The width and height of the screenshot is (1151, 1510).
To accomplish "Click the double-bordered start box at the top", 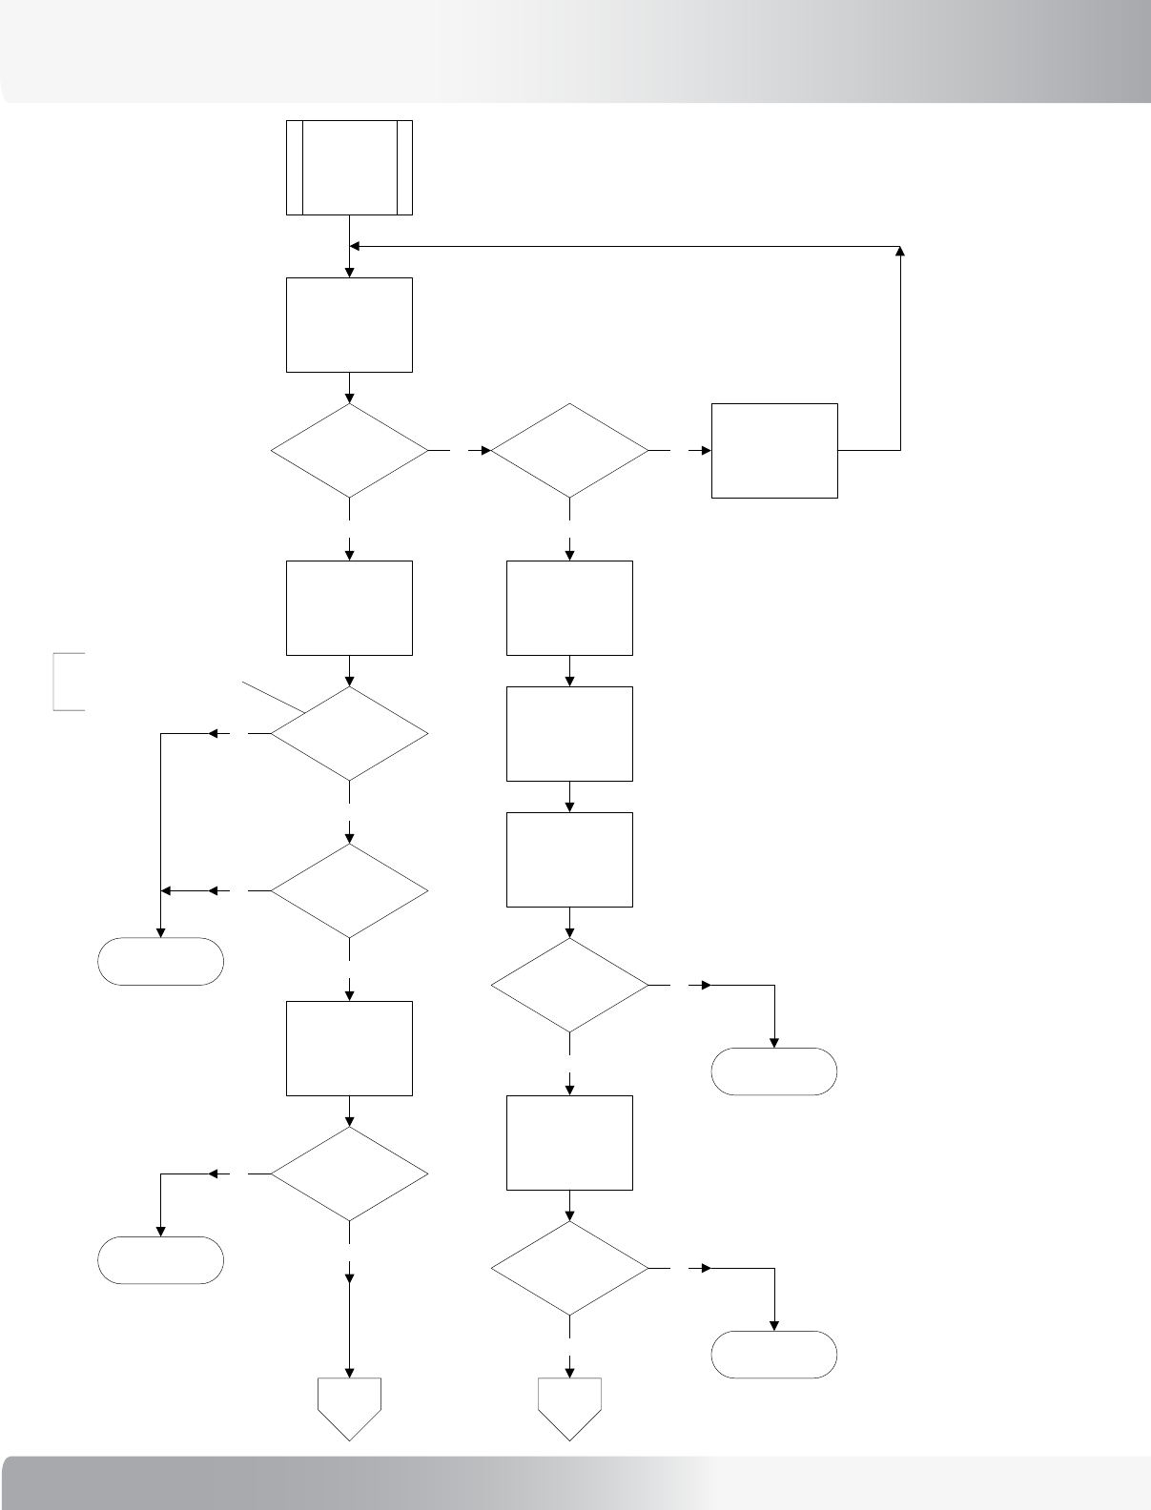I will coord(349,168).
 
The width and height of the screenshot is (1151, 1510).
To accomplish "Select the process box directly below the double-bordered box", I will coord(349,324).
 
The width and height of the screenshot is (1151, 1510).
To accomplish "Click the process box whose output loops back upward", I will coord(774,450).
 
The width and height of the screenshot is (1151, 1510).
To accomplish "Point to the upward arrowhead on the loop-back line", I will coord(901,252).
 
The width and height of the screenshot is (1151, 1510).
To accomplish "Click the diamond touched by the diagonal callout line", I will coord(349,734).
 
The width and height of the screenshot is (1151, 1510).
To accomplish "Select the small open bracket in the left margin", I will coord(67,681).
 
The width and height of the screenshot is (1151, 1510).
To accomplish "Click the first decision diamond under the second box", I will coord(349,450).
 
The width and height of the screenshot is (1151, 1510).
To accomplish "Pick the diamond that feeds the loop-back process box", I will coord(569,450).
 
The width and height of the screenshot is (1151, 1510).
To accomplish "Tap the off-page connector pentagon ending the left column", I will coord(349,1407).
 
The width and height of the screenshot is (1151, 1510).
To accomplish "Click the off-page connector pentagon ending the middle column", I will coord(569,1407).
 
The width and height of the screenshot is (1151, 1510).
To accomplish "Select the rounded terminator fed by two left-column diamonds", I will coord(160,961).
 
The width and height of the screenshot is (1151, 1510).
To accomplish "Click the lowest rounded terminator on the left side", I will coord(160,1259).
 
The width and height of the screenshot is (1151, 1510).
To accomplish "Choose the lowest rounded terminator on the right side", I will coord(774,1354).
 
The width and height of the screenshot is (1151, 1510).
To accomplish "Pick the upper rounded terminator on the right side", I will coord(774,1071).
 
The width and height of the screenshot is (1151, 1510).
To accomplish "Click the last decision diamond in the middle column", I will coord(569,1269).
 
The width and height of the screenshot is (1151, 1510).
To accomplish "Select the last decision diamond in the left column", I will coord(349,1173).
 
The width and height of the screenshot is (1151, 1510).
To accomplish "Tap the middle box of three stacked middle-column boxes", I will coord(569,733).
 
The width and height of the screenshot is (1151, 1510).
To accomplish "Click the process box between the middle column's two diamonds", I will coord(569,1142).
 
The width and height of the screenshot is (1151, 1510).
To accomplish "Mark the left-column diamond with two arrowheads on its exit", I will coord(349,890).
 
